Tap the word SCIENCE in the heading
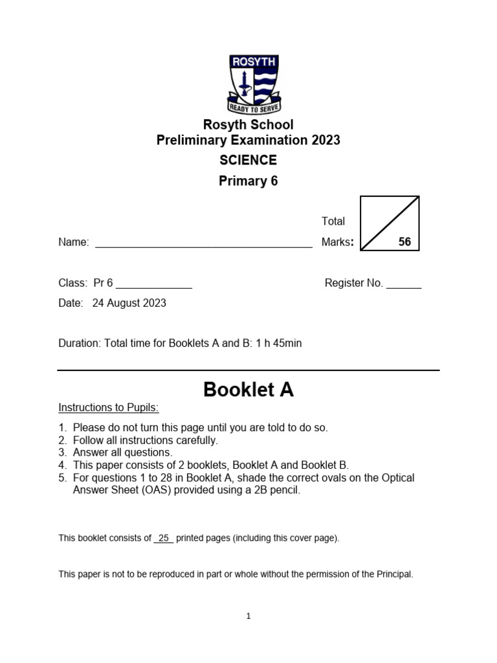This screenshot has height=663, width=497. [x=248, y=161]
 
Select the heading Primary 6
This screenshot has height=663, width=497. [x=248, y=181]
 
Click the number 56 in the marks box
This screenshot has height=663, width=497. [x=404, y=242]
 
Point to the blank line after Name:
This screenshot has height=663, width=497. [x=203, y=245]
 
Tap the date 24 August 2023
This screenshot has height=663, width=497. [x=129, y=303]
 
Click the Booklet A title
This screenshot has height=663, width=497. [x=248, y=390]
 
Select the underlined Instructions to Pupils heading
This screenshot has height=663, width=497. [x=108, y=408]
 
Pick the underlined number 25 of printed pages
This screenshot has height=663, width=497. [x=163, y=539]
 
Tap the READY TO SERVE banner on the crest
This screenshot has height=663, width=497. [x=253, y=107]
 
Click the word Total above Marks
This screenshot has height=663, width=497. [x=333, y=221]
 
